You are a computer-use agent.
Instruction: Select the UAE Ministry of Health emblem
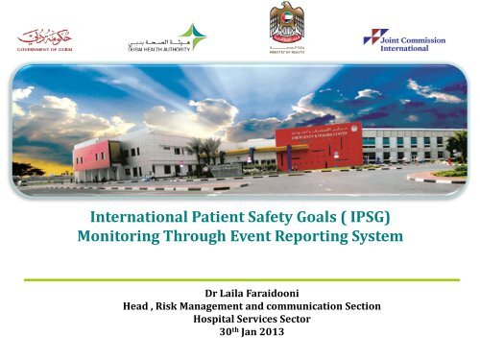pos(293,28)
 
